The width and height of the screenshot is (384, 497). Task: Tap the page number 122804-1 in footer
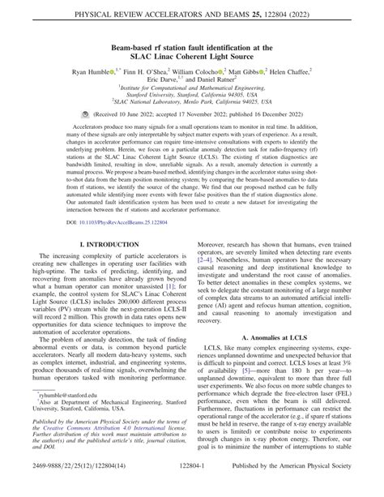coord(192,489)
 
